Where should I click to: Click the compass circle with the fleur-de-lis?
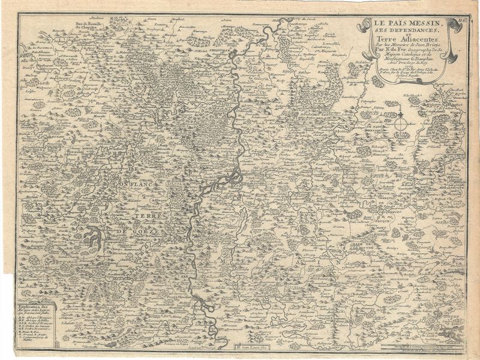tap(402, 124)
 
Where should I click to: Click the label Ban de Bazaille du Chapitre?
tap(90, 25)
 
